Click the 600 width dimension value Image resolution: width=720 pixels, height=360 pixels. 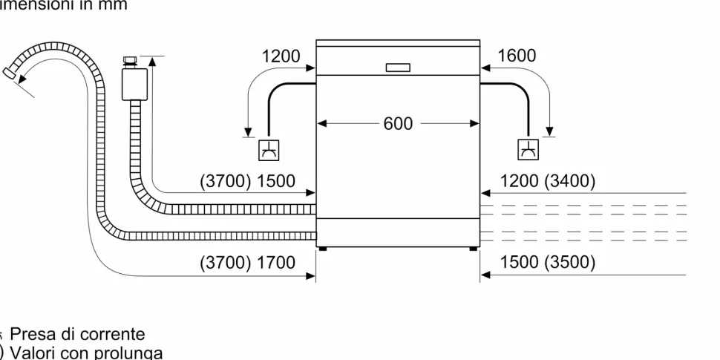[x=398, y=124]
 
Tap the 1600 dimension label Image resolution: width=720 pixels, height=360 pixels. [x=517, y=56]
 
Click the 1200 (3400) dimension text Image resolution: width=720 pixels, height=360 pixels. [x=548, y=181]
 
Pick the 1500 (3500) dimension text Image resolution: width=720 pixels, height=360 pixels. [x=548, y=263]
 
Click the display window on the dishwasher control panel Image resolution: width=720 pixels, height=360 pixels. [x=398, y=68]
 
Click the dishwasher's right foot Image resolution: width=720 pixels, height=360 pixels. [x=474, y=250]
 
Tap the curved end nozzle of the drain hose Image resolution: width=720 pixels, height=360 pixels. [x=12, y=72]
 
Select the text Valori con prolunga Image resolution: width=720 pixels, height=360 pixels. [x=85, y=352]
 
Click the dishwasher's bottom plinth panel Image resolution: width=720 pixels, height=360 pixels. [x=398, y=232]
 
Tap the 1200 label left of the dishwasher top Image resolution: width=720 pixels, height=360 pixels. [x=281, y=56]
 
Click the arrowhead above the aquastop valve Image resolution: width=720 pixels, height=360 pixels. [x=152, y=60]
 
